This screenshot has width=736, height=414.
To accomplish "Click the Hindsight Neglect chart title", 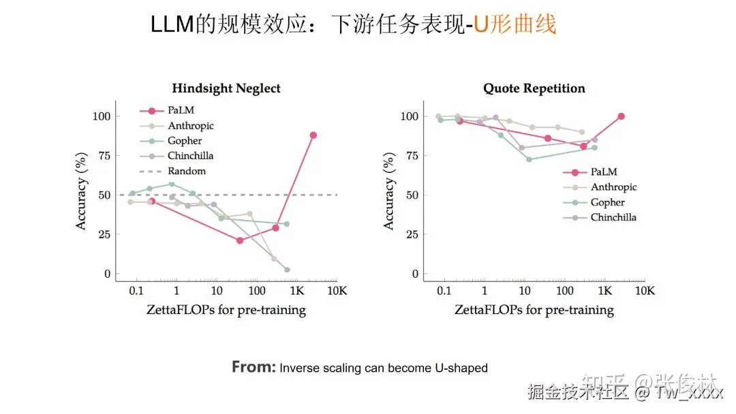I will coord(226,89).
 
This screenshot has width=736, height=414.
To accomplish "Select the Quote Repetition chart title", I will coord(534,89).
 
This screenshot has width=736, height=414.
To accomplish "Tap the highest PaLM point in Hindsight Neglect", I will coord(313,135).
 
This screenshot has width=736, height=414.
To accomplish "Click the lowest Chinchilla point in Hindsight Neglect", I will coord(287,270).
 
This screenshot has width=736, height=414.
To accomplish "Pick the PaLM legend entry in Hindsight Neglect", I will coord(179,110).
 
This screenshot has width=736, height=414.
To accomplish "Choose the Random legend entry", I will coord(186,171).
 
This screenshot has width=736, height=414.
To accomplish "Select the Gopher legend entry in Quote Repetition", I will coord(607,202).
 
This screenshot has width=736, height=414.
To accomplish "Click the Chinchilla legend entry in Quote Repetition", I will coord(613,217).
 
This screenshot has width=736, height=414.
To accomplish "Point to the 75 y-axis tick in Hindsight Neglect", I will coord(102,155).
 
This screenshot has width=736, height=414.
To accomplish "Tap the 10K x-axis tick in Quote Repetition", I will coord(644,291).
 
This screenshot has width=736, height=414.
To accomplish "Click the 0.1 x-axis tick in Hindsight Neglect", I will coord(136,291).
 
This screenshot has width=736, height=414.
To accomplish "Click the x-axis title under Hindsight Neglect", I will coord(226,310).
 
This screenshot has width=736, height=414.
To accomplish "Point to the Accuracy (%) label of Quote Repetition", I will coord(389,193).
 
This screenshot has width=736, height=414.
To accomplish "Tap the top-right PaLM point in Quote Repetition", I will coord(621,116).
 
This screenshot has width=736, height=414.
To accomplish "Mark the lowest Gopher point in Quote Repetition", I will coord(529,159).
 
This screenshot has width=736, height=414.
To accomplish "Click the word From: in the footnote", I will coord(254,367).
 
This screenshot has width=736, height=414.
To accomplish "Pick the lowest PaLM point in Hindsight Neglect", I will coord(240,240).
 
